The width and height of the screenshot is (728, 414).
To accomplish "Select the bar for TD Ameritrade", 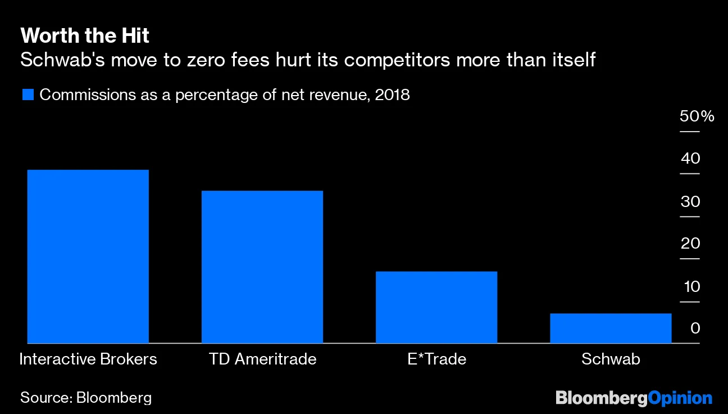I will [262, 267].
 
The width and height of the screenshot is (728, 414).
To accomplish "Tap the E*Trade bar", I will [436, 307].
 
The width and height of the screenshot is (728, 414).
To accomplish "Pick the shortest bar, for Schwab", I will [611, 328].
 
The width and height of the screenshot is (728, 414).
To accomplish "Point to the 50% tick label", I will [697, 117].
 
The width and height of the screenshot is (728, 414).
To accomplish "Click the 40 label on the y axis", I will [690, 159].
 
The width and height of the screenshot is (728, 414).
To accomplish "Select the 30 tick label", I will [690, 202].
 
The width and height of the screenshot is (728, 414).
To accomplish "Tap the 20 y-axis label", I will [690, 244].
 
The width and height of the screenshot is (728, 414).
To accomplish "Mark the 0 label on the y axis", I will [695, 328].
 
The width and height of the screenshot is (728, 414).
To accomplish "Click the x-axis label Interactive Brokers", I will [88, 359].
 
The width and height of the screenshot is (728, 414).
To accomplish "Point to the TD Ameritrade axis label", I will [262, 359].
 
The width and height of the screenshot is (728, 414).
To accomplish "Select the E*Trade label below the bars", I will [436, 359].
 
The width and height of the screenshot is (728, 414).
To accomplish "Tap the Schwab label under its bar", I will [611, 359].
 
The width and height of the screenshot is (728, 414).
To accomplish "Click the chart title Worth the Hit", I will [85, 37].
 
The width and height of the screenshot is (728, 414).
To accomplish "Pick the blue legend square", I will [28, 94].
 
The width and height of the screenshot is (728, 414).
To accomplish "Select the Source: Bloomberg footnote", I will [86, 398].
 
